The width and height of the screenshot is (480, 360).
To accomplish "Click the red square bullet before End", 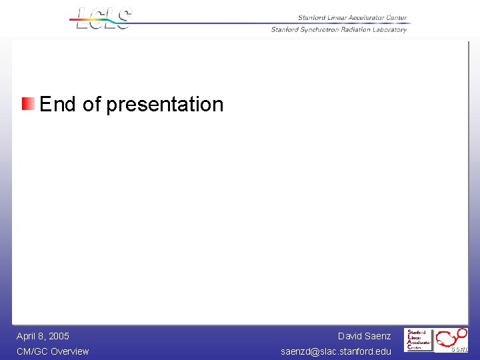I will pyautogui.click(x=28, y=104).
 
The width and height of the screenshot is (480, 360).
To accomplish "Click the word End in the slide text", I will pyautogui.click(x=57, y=104).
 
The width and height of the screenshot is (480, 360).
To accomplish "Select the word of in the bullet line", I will pyautogui.click(x=91, y=104).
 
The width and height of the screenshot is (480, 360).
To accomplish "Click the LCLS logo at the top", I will pyautogui.click(x=104, y=18).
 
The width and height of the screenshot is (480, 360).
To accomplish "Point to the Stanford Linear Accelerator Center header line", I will pyautogui.click(x=352, y=18).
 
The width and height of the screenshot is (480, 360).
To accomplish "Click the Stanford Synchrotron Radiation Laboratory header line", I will pyautogui.click(x=339, y=29).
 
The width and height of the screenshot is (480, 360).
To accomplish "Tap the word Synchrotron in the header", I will pyautogui.click(x=323, y=29).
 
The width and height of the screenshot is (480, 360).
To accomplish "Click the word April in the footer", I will pyautogui.click(x=27, y=336).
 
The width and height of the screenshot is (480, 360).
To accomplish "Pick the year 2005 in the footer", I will pyautogui.click(x=58, y=336).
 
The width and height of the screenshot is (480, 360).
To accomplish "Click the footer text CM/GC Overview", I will pyautogui.click(x=53, y=351).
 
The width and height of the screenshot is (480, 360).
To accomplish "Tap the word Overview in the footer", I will pyautogui.click(x=70, y=351).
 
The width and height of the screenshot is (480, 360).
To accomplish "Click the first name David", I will pyautogui.click(x=350, y=336).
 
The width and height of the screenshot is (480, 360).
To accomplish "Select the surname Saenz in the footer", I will pyautogui.click(x=378, y=336).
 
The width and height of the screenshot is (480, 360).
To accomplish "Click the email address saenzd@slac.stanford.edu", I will pyautogui.click(x=336, y=351).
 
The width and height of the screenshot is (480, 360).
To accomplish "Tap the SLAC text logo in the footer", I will pyautogui.click(x=419, y=339).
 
